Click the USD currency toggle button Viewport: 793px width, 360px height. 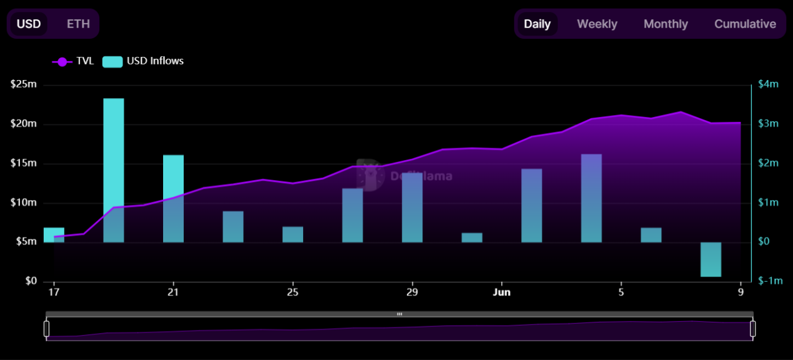click(29, 24)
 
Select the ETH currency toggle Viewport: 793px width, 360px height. click(78, 24)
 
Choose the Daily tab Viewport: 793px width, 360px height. click(537, 24)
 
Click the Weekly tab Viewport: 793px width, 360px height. click(597, 24)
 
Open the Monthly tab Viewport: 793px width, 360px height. click(666, 24)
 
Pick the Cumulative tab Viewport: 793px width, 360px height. click(745, 24)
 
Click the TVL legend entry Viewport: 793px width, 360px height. click(73, 61)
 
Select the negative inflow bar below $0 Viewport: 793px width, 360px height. click(711, 259)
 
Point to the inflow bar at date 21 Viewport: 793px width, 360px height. click(173, 198)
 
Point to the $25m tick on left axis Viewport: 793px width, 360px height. click(24, 84)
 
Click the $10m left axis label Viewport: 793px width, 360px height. click(24, 202)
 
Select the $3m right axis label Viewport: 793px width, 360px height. click(768, 124)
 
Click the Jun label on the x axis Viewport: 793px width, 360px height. click(502, 292)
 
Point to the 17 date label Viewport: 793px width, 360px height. click(53, 292)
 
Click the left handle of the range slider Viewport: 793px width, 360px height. click(46, 328)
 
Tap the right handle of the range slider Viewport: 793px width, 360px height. click(753, 328)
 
